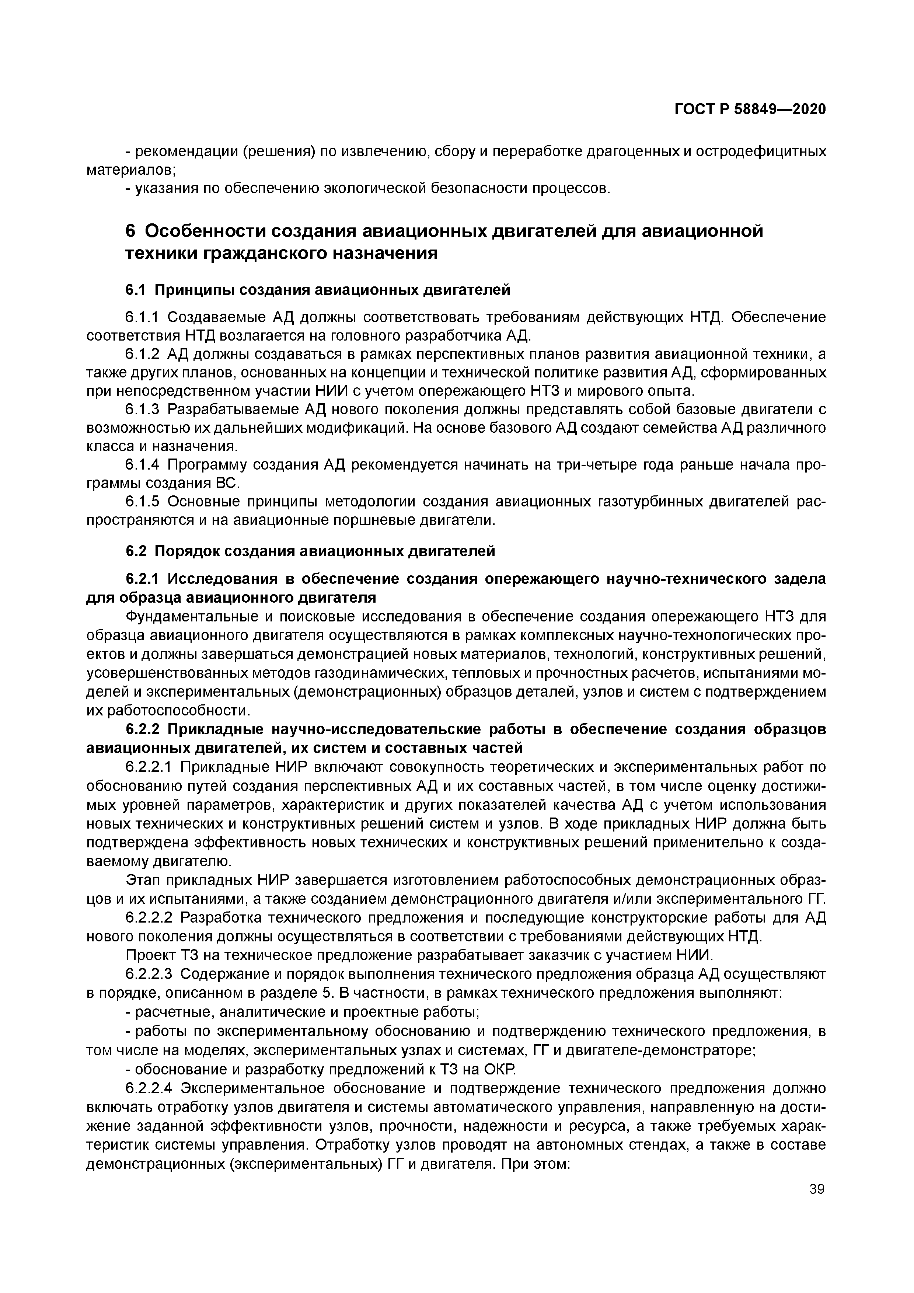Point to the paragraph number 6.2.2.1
pos(151,767)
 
